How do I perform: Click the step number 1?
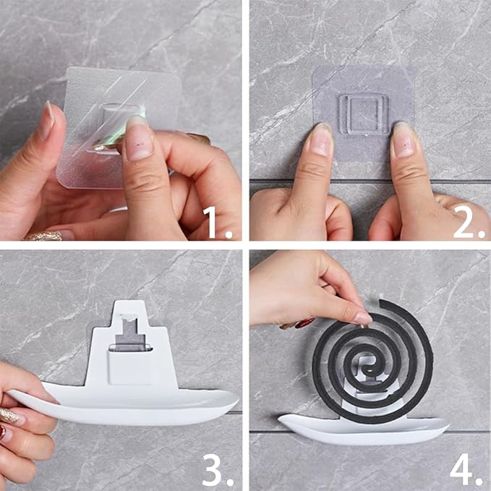(x=217, y=222)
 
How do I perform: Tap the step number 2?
(x=469, y=222)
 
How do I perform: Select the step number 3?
(x=218, y=469)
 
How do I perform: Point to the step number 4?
(x=466, y=469)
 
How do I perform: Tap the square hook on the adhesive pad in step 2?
(x=364, y=114)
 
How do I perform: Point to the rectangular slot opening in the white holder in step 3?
(x=129, y=348)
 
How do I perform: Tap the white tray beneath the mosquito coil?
(x=363, y=429)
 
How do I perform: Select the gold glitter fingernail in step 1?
(x=44, y=236)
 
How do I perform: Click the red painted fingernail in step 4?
(x=305, y=323)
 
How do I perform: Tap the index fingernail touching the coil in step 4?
(x=362, y=319)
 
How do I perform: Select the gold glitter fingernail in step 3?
(x=9, y=416)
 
